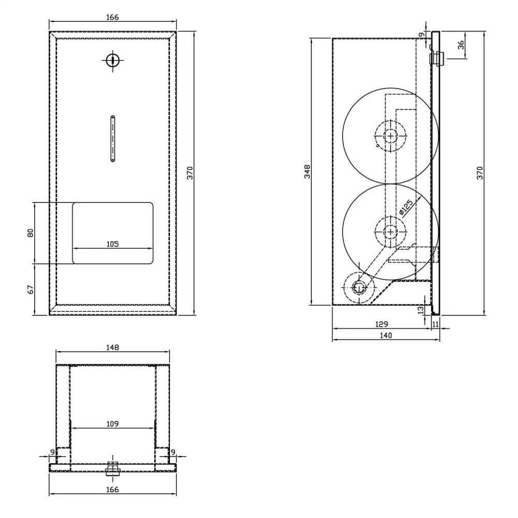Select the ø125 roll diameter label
(406, 207)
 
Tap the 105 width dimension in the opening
(112, 243)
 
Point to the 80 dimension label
(31, 233)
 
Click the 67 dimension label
(31, 289)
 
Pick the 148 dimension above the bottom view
(112, 348)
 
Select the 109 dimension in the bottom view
(112, 424)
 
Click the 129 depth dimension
(381, 324)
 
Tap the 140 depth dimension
(386, 335)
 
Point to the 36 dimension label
(461, 45)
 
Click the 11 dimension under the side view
(435, 324)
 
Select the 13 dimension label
(421, 309)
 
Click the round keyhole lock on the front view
(112, 61)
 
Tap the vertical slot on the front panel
(112, 138)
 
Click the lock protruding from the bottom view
(112, 469)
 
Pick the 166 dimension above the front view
(112, 17)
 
